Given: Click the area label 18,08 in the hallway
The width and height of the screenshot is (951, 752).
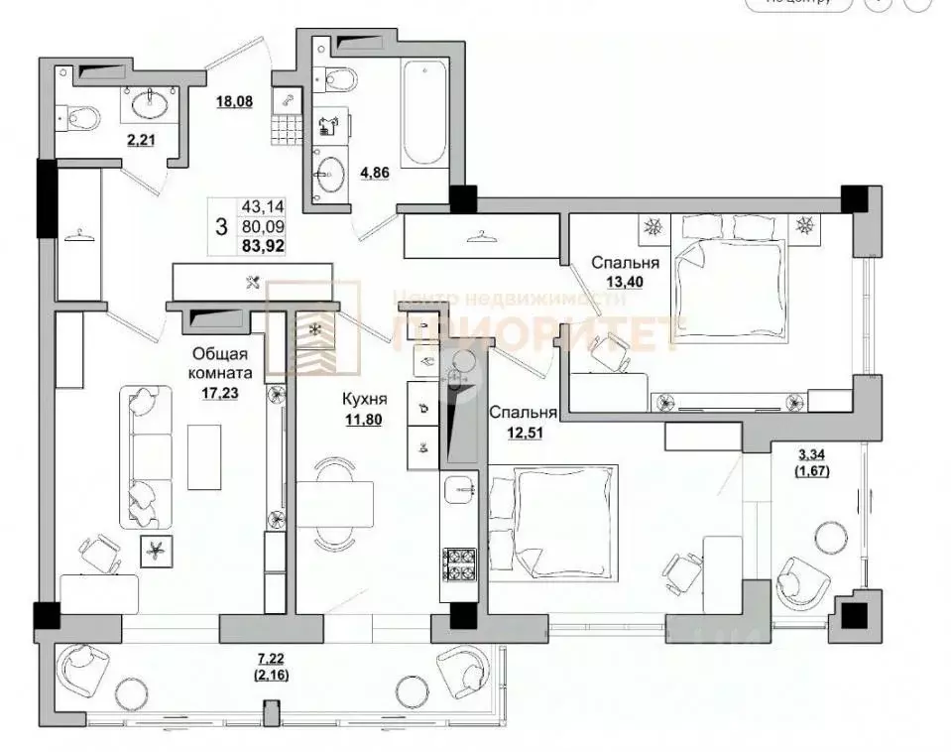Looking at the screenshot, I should pos(234,100).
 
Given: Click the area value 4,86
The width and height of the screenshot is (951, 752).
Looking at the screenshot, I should pos(346,173).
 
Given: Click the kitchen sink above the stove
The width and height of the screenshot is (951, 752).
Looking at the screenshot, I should pos(461,488).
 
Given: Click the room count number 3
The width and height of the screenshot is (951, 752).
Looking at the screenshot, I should pos(220,225).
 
